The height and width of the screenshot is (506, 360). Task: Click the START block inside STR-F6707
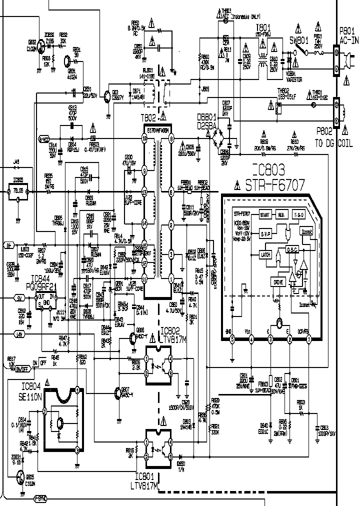[x=265, y=214]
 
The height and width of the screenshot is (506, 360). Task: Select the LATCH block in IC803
[x=266, y=254]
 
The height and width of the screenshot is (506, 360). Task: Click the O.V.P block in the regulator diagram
[x=266, y=233]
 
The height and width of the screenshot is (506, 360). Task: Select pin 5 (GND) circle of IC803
[x=232, y=339]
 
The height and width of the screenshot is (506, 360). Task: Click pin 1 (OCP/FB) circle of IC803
[x=309, y=339]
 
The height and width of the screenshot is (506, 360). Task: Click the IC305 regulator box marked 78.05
[x=18, y=190]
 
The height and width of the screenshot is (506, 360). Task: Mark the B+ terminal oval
[x=8, y=245]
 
